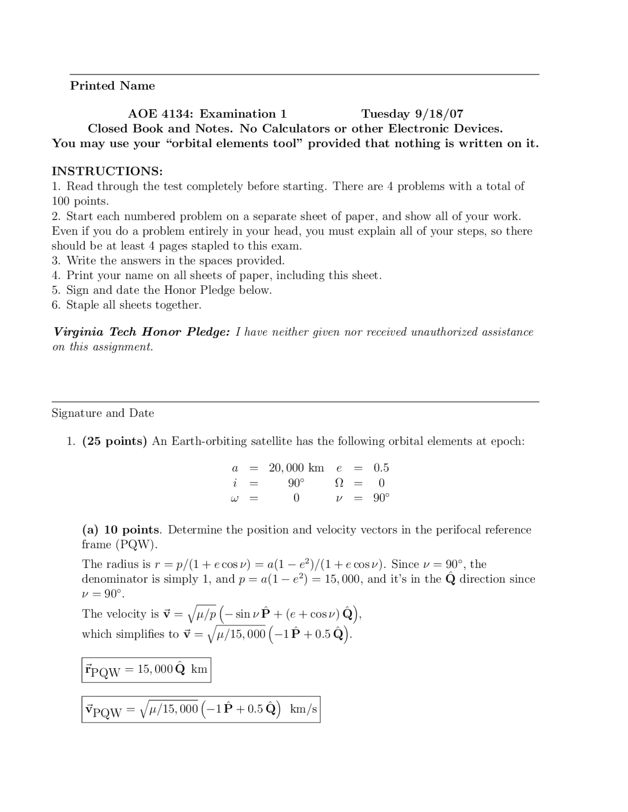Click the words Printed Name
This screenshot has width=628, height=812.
[x=112, y=86]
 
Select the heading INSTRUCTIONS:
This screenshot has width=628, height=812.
[x=107, y=171]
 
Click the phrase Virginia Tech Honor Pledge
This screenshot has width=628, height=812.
[x=141, y=332]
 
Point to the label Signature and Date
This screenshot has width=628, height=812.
[x=103, y=413]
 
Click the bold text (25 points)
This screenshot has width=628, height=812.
[x=115, y=441]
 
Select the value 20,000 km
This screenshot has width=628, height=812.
[x=296, y=468]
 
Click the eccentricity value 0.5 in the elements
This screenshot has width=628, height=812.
[x=381, y=468]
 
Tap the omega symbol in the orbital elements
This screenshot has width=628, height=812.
[x=234, y=498]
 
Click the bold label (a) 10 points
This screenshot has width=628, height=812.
[x=121, y=530]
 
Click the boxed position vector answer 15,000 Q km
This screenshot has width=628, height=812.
[x=146, y=670]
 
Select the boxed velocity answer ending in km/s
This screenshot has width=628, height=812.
[x=201, y=709]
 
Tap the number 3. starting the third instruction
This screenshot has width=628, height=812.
[x=56, y=260]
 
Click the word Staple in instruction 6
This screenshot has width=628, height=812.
[x=82, y=305]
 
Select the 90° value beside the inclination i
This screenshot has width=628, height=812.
[x=296, y=483]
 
